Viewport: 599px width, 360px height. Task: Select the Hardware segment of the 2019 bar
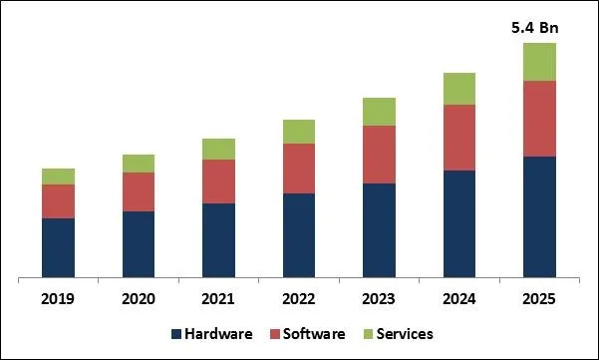point(58,247)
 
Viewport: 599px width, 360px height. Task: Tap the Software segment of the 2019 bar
point(58,201)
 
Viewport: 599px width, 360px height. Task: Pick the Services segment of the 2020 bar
point(139,164)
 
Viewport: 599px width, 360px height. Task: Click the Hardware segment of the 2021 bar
point(218,240)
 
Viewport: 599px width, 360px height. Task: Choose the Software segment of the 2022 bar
point(299,169)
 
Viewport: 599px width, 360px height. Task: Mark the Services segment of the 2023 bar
point(379,112)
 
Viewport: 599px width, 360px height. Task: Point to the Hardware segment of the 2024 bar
point(459,223)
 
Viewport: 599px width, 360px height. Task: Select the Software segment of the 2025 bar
point(539,119)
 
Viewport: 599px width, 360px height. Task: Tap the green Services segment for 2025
point(539,62)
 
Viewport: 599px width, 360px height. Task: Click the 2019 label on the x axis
point(58,298)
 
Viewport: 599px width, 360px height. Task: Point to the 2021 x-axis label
point(218,298)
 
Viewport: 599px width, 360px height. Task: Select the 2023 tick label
point(379,298)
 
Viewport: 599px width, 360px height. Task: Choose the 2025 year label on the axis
point(539,298)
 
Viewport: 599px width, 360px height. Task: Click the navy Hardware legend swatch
point(177,333)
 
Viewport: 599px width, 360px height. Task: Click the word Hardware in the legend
point(218,333)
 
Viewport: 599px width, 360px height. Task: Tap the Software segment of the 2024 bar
point(459,138)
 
